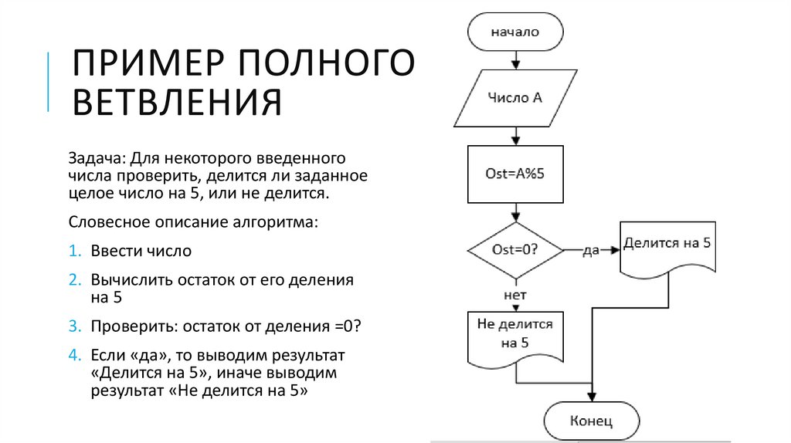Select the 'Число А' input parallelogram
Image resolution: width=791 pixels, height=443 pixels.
coord(515,98)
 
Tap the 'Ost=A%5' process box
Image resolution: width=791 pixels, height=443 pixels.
coord(515,174)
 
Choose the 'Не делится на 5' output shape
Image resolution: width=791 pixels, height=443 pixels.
coord(515,333)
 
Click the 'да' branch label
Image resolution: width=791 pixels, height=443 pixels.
coord(592,251)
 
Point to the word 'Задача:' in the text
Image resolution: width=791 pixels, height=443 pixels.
coord(97,158)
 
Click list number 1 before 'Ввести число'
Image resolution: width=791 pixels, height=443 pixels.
coord(74,252)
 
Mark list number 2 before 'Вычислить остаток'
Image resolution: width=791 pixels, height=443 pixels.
coord(74,280)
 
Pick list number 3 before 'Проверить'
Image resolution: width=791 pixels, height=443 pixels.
coord(74,326)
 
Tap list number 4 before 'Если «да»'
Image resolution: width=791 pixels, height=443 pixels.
coord(74,356)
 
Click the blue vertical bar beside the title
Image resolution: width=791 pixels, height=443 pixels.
coord(49,82)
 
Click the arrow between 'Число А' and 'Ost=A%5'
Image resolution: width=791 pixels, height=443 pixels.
coord(514,137)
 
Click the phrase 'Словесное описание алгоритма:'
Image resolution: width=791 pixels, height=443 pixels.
coord(193,222)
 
